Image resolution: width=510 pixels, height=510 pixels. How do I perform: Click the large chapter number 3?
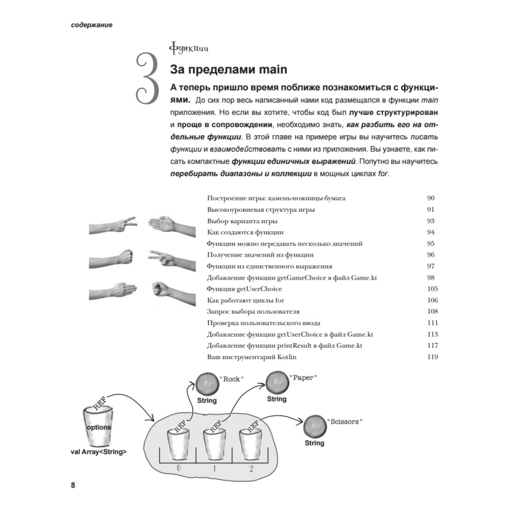pyautogui.click(x=148, y=79)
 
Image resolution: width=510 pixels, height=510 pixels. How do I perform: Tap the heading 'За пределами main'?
pyautogui.click(x=228, y=69)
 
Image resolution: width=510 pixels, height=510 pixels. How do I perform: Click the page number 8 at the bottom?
pyautogui.click(x=73, y=485)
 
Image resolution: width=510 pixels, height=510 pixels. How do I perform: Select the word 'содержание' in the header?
pyautogui.click(x=92, y=25)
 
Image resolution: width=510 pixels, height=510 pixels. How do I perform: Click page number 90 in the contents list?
pyautogui.click(x=430, y=198)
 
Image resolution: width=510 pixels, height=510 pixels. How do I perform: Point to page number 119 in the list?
pyautogui.click(x=432, y=357)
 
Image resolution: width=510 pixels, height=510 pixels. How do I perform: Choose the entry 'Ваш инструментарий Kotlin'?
pyautogui.click(x=252, y=357)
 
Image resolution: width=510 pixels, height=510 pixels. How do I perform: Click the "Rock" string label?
pyautogui.click(x=231, y=379)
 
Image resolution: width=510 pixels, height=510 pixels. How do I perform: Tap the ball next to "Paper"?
pyautogui.click(x=277, y=382)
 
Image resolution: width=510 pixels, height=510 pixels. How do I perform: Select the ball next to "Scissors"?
pyautogui.click(x=315, y=426)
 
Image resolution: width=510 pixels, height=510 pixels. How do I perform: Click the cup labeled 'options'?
pyautogui.click(x=98, y=426)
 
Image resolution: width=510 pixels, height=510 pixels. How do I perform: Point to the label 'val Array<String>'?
pyautogui.click(x=98, y=452)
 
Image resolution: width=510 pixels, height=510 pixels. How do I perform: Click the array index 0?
pyautogui.click(x=178, y=468)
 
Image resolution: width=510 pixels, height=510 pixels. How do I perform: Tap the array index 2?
pyautogui.click(x=251, y=468)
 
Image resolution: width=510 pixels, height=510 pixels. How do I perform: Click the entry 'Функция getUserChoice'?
pyautogui.click(x=244, y=289)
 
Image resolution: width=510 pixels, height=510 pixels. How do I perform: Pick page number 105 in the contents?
pyautogui.click(x=432, y=289)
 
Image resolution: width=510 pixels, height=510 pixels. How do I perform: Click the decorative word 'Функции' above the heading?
pyautogui.click(x=189, y=48)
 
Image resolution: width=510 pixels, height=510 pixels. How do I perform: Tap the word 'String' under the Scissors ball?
pyautogui.click(x=315, y=443)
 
